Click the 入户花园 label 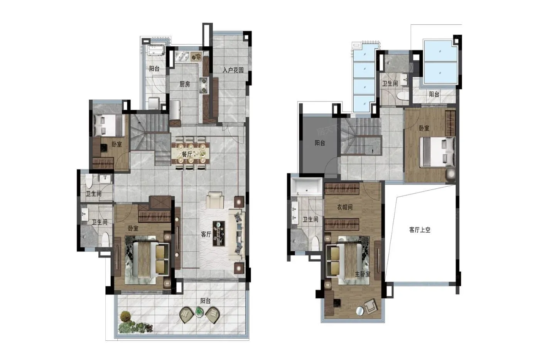coord(233,70)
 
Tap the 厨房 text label coord(185,84)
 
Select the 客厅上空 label coord(420,230)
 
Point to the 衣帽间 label coord(345,207)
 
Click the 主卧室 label coord(362,274)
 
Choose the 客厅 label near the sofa coord(206,234)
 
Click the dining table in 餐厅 coord(191,153)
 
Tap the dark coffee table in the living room coord(219,233)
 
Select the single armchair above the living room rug coord(214,200)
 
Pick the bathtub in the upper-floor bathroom coord(306,187)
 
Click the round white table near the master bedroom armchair coord(359,311)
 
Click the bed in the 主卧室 coord(347,260)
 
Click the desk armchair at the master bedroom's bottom coord(371,306)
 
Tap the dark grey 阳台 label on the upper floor coord(320,143)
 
